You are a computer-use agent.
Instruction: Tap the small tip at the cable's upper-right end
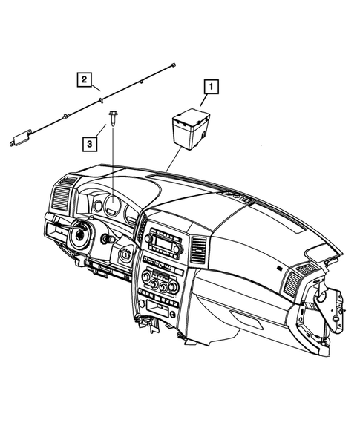pyautogui.click(x=172, y=65)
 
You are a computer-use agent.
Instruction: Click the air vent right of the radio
pyautogui.click(x=199, y=251)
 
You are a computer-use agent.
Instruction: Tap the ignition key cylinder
pyautogui.click(x=124, y=255)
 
